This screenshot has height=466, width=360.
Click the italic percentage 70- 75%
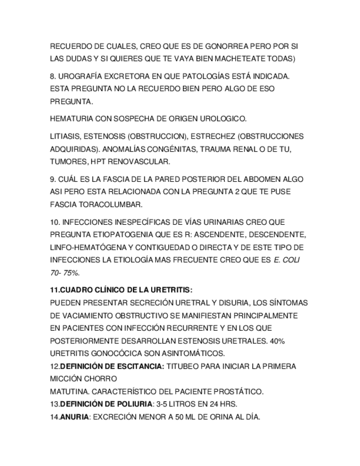tap(64, 272)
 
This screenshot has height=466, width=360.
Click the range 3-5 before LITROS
tap(163, 404)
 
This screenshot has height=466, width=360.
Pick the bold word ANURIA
tap(74, 417)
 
